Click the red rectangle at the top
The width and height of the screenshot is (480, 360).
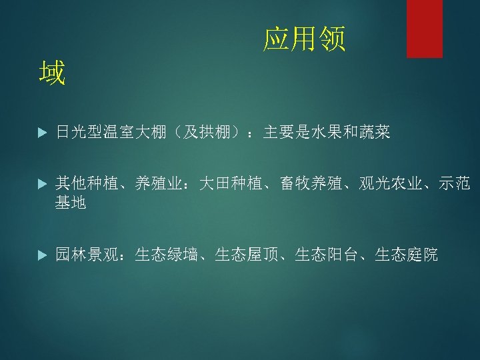coord(425,28)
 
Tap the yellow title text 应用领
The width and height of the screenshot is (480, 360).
coord(305,40)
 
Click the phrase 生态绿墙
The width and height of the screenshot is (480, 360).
coord(167,254)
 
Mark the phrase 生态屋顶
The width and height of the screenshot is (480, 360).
coord(247,254)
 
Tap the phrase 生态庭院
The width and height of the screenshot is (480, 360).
coord(407,254)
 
